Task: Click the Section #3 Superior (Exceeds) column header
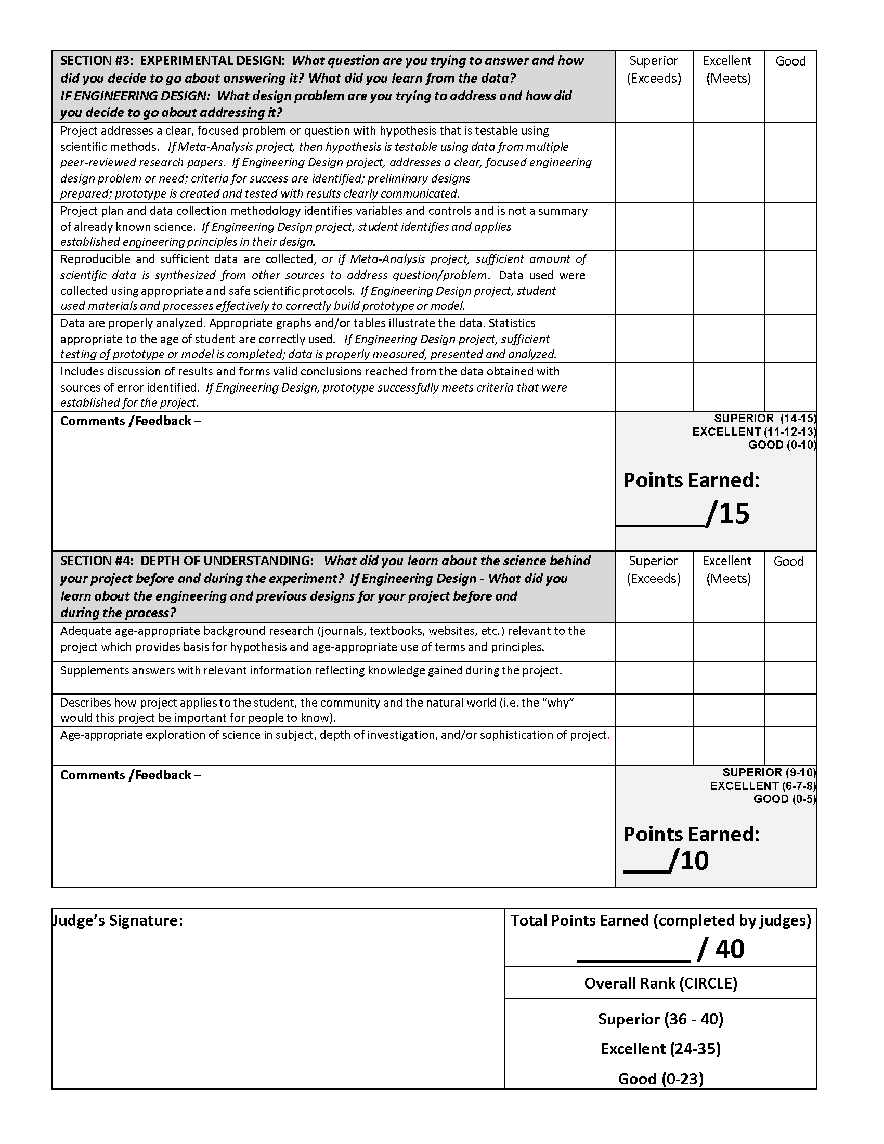(x=654, y=70)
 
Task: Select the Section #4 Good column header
(x=788, y=561)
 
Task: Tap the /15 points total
(x=729, y=513)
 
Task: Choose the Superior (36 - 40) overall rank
(x=660, y=1019)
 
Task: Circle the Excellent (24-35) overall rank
(x=660, y=1048)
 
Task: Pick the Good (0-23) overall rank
(x=660, y=1078)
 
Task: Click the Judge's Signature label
(x=119, y=920)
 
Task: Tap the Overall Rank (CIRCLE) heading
(x=660, y=983)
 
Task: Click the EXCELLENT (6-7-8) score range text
(x=762, y=786)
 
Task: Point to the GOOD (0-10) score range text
(x=782, y=445)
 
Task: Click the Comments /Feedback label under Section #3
(x=131, y=421)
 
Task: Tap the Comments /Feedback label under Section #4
(x=131, y=775)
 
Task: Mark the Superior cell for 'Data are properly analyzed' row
(x=654, y=339)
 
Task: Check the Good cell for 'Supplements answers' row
(x=790, y=677)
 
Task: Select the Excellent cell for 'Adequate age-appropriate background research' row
(x=729, y=642)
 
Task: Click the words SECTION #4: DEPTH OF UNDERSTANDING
(x=187, y=561)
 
